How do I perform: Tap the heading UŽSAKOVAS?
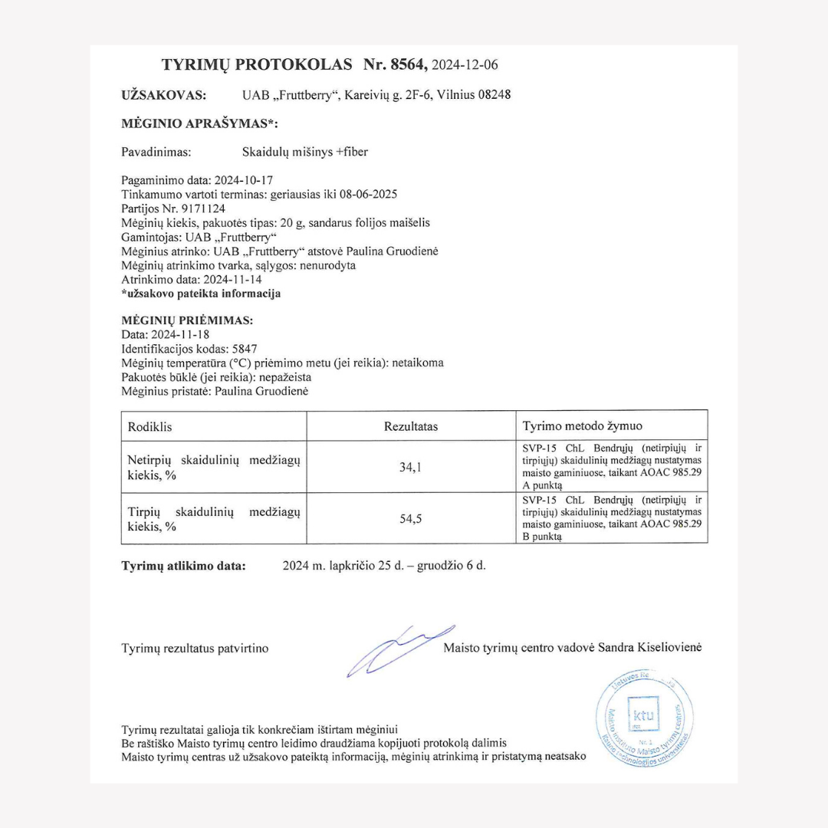[x=163, y=95]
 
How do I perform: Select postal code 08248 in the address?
[x=493, y=95]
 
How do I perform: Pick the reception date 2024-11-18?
[x=179, y=335]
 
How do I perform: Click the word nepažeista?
[x=284, y=377]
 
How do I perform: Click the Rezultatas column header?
[x=411, y=426]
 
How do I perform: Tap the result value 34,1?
[x=411, y=467]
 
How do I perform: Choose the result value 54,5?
[x=411, y=519]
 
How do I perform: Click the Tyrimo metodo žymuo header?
[x=583, y=426]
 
